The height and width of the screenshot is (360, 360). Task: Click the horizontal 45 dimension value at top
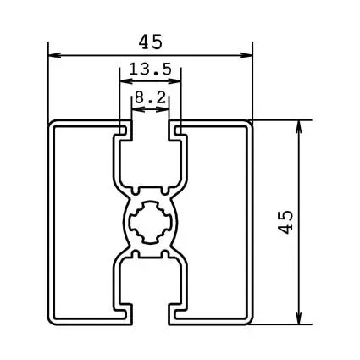click(x=151, y=41)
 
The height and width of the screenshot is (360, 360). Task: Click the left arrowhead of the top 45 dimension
click(x=53, y=56)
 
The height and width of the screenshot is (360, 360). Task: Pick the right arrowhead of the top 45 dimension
click(x=249, y=56)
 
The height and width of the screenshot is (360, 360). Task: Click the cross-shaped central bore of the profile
click(x=151, y=222)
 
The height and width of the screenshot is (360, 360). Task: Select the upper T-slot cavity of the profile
click(x=151, y=157)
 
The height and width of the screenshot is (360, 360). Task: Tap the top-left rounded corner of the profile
click(x=53, y=125)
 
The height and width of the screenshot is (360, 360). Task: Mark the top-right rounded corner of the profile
click(x=250, y=125)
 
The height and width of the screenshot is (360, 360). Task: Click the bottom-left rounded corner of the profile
click(x=53, y=320)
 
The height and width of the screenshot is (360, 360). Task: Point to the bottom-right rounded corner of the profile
click(x=250, y=320)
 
